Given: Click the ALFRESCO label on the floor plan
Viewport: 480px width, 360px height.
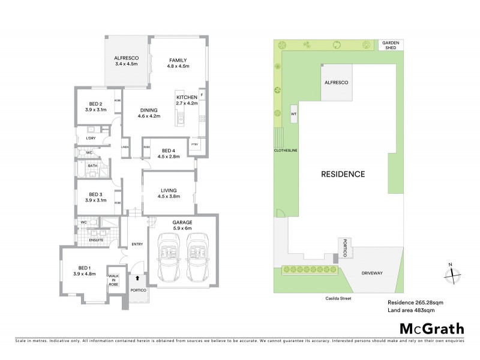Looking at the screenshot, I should [x=126, y=58].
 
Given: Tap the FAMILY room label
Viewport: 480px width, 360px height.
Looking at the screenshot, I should [x=178, y=60].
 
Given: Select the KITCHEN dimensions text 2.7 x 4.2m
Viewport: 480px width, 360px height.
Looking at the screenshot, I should [x=187, y=103].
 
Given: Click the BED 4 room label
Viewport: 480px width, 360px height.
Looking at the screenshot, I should [x=169, y=150].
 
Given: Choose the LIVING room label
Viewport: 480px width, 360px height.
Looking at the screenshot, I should [x=169, y=191].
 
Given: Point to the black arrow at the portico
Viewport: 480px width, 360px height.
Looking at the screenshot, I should [x=137, y=278].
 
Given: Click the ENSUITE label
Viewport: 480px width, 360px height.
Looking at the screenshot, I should [x=96, y=240].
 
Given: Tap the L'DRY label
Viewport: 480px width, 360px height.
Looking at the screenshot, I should [x=91, y=139].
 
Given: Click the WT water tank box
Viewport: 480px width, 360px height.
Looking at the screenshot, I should [x=293, y=113].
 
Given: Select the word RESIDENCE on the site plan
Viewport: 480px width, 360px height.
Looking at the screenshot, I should [x=343, y=175].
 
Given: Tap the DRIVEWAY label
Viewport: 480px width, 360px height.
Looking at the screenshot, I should [x=372, y=273].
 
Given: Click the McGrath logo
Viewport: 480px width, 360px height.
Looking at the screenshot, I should [x=431, y=328].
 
